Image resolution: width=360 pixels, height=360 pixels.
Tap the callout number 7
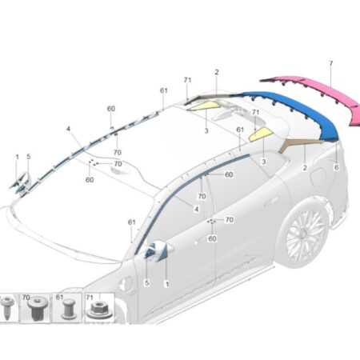click(331, 63)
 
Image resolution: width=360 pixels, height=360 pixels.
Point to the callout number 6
click(337, 167)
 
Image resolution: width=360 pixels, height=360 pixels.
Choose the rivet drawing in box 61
click(69, 309)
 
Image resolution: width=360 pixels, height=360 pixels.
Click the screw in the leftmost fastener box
click(6, 309)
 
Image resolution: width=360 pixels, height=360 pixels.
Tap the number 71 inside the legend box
click(90, 298)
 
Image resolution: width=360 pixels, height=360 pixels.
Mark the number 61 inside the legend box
click(59, 297)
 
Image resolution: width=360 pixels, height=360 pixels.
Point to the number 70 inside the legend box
click(26, 297)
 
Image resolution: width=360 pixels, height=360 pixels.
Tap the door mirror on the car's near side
click(158, 251)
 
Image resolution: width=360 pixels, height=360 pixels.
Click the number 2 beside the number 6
click(305, 168)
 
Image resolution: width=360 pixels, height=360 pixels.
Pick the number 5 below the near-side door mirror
click(147, 282)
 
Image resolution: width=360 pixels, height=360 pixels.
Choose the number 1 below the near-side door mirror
click(167, 284)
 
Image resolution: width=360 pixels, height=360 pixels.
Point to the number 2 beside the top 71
click(217, 72)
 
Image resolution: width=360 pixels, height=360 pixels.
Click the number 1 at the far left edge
click(18, 157)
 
